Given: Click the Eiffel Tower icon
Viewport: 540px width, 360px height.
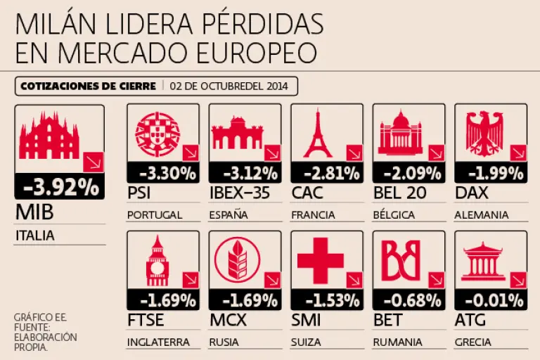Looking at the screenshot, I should click(x=317, y=133).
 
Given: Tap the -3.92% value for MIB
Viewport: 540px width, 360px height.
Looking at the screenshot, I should click(x=60, y=186).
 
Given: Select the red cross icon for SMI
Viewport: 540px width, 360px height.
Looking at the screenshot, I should click(x=320, y=259).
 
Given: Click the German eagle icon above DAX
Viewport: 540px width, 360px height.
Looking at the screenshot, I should click(x=485, y=133).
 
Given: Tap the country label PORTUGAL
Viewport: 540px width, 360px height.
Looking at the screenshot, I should click(x=155, y=215).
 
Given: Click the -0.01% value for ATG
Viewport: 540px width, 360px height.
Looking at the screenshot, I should click(x=492, y=300).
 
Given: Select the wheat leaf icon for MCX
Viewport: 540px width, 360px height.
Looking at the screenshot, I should click(x=238, y=259).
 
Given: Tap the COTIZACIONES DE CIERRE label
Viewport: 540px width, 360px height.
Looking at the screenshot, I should click(x=88, y=86).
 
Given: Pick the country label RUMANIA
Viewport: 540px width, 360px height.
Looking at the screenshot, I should click(x=397, y=342).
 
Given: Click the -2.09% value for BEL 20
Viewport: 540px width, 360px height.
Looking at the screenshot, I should click(x=410, y=173).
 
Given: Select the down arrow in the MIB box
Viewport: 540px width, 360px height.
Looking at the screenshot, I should click(x=92, y=162).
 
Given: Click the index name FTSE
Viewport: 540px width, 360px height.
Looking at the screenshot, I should click(x=146, y=321).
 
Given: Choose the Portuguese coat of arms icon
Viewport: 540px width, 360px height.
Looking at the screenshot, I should click(x=156, y=134).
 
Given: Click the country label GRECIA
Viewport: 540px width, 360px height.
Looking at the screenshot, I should click(x=473, y=342).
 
